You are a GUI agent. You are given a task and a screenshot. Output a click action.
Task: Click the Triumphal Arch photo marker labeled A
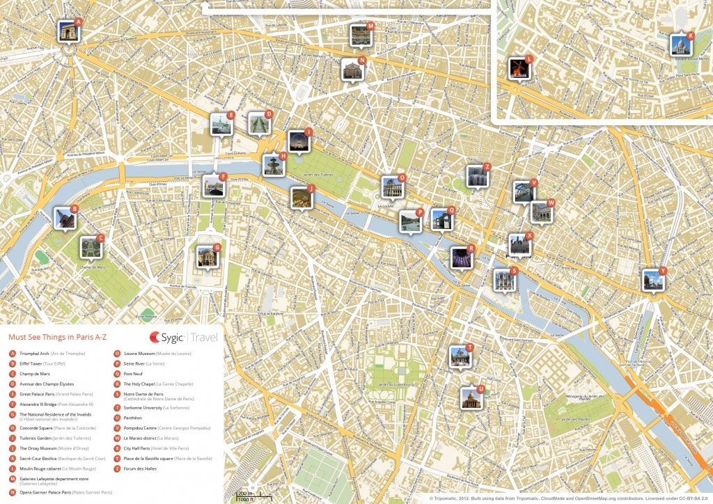[68, 32]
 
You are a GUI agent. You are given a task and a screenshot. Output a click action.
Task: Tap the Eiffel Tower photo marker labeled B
[64, 218]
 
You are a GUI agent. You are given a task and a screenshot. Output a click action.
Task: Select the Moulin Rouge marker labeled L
[519, 68]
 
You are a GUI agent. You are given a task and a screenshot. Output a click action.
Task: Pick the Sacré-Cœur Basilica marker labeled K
[680, 45]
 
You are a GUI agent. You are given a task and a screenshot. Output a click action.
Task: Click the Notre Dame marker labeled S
[504, 280]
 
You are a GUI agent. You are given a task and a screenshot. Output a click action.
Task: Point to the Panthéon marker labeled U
[471, 397]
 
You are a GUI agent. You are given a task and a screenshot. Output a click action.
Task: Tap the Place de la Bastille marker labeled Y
[653, 281]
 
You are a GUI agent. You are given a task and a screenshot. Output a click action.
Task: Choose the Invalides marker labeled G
[207, 256]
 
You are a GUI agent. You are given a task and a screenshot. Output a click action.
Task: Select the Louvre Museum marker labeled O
[391, 187]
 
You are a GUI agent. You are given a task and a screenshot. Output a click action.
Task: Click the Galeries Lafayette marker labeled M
[360, 36]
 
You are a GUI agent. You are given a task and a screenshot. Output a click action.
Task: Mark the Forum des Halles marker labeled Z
[477, 176]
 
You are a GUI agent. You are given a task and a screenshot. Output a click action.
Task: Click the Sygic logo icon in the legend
[155, 338]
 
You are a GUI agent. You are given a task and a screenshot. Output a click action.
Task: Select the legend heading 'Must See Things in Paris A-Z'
[57, 338]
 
